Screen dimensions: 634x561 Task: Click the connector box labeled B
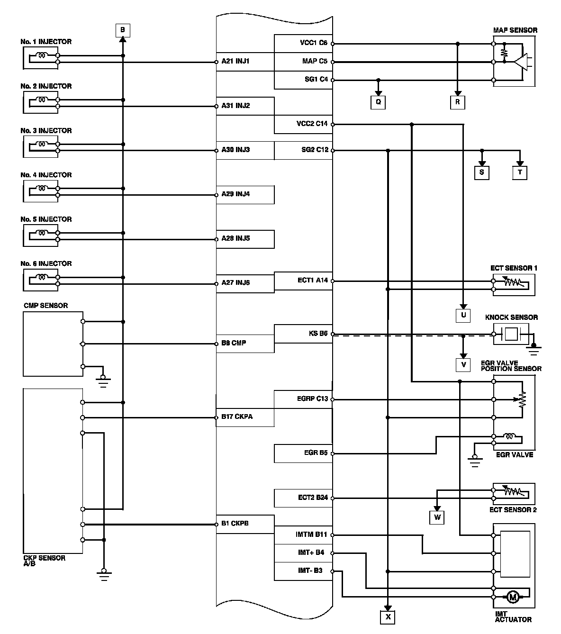(122, 30)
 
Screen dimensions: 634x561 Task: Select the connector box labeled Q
(378, 102)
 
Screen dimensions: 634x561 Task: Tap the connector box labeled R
(457, 102)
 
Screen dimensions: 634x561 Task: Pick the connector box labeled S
(481, 172)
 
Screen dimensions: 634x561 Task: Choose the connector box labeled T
(520, 172)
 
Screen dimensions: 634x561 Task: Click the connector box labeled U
(463, 315)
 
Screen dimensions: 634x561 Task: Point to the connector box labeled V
(463, 364)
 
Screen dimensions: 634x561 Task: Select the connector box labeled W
(437, 517)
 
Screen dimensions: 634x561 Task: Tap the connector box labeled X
(388, 617)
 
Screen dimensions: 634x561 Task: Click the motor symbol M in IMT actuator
(512, 597)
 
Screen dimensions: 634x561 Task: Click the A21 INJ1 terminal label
(235, 61)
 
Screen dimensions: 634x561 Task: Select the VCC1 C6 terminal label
(313, 43)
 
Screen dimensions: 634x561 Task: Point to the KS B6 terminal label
(318, 334)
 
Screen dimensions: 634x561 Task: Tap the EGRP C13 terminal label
(309, 399)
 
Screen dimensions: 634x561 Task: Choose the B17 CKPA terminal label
(237, 417)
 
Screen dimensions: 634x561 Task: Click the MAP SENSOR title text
(515, 30)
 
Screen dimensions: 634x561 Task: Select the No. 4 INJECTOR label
(46, 175)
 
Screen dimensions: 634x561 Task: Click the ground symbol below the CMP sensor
(103, 380)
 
